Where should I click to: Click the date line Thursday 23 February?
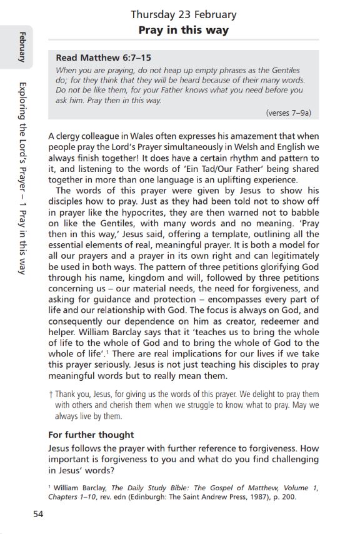[183, 15]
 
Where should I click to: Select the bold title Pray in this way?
[183, 30]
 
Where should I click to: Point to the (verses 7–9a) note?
[288, 113]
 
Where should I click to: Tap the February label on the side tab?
[21, 46]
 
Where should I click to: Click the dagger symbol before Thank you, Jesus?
[50, 395]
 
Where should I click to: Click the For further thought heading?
[91, 435]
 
